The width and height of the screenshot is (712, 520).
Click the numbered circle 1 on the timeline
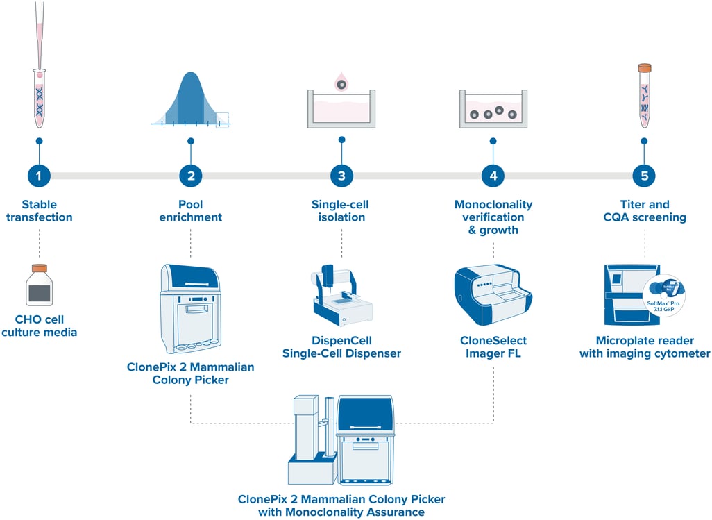tap(39, 176)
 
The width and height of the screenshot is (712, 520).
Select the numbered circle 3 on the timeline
tap(341, 176)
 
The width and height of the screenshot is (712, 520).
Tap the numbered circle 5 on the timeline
tap(645, 176)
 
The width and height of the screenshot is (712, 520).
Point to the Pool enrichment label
tap(190, 211)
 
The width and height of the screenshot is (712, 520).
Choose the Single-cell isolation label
tap(341, 211)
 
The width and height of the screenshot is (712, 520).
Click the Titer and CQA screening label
tap(645, 211)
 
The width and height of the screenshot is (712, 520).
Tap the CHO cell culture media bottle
tap(40, 287)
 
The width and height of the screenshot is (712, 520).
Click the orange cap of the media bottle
tap(40, 267)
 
